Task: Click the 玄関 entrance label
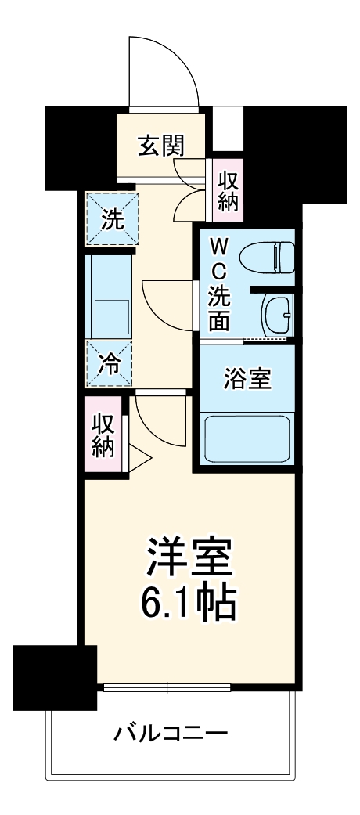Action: tap(163, 146)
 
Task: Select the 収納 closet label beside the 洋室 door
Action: tap(104, 435)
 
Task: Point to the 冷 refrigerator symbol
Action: tap(110, 364)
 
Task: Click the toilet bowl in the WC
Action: tap(266, 255)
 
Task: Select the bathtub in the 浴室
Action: tap(246, 441)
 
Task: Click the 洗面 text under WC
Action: tap(218, 309)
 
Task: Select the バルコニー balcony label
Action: tap(171, 734)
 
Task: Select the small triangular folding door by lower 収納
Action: tap(138, 459)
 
